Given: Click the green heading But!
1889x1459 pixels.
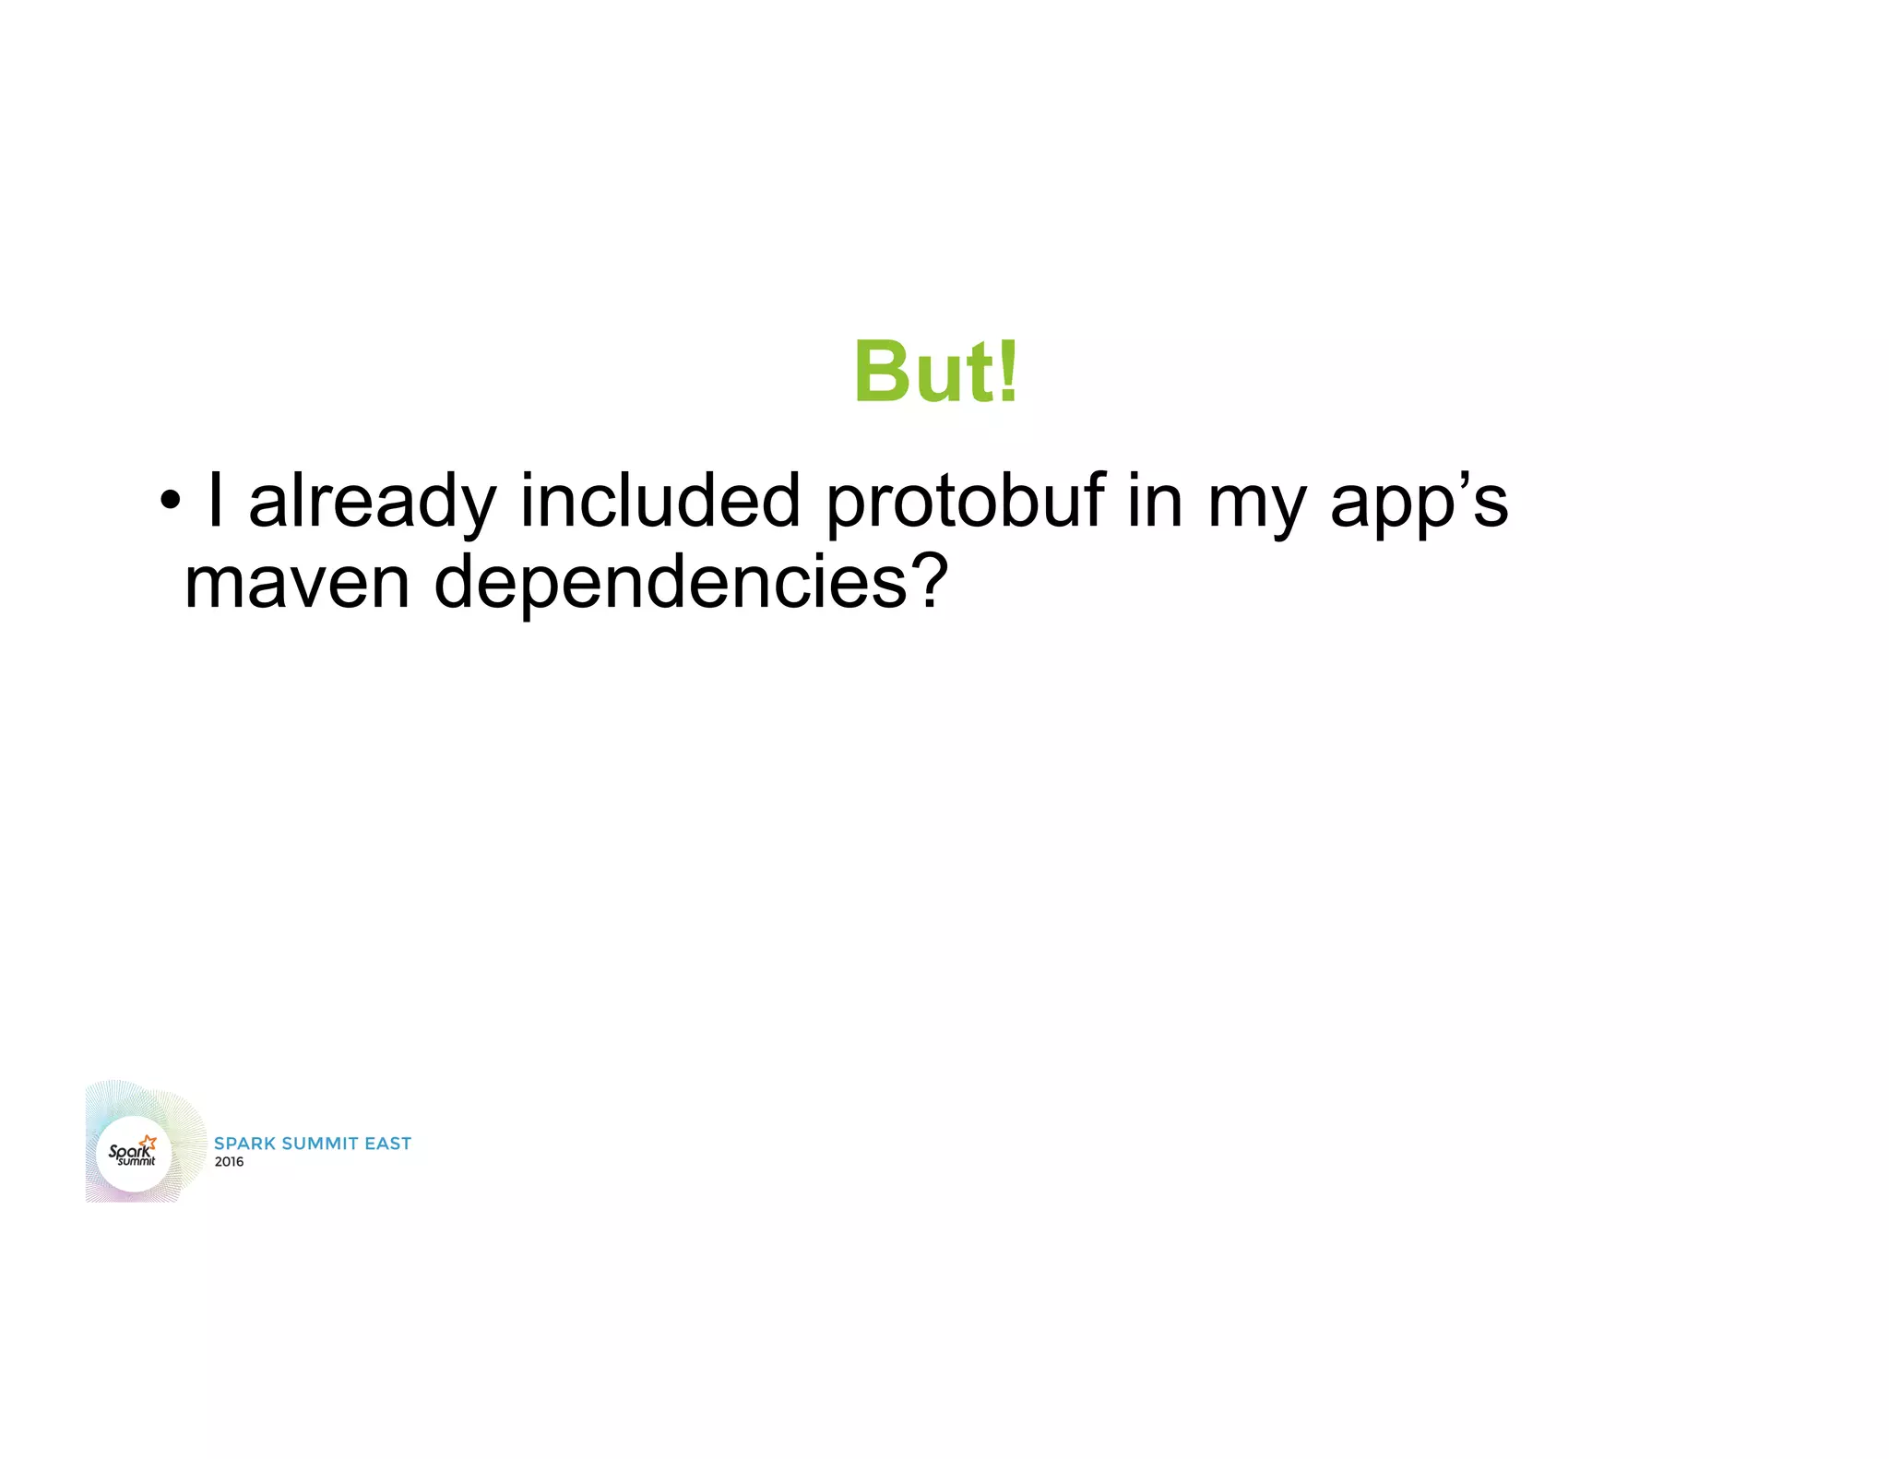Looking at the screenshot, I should (x=935, y=372).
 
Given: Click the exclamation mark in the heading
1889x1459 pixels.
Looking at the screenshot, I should (x=1008, y=372).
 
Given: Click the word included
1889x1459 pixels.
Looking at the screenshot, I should (x=660, y=501).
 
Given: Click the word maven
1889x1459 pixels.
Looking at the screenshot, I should (x=296, y=583).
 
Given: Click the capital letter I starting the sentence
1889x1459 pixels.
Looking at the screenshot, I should (x=215, y=501).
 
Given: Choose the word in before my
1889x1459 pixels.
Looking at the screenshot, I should (x=1155, y=501).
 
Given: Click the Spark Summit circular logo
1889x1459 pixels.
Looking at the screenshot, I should (x=134, y=1153).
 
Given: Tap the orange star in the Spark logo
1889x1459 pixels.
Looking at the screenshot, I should (x=149, y=1143).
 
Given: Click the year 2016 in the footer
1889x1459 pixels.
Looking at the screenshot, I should (x=229, y=1162).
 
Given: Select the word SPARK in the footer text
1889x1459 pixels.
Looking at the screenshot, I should (x=244, y=1144).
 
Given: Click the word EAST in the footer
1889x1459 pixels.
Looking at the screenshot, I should (x=387, y=1144).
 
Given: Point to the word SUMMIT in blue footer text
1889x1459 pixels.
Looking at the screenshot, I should (x=319, y=1144).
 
